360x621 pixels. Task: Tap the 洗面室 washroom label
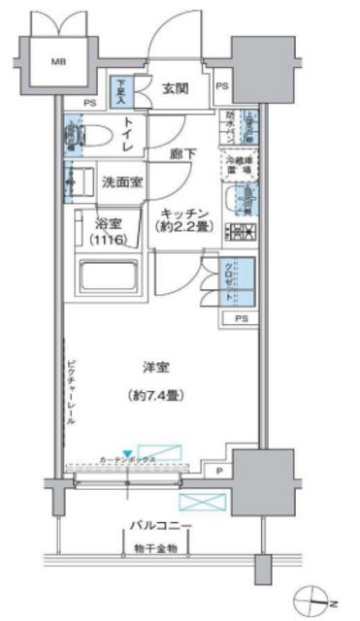click(x=124, y=180)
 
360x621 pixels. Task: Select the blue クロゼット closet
click(x=244, y=281)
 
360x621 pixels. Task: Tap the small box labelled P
click(x=219, y=472)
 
